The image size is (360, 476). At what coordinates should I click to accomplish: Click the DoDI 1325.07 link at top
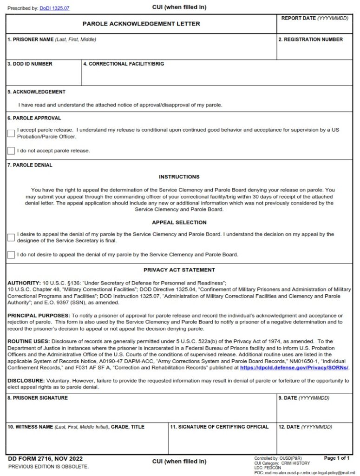[x=54, y=8]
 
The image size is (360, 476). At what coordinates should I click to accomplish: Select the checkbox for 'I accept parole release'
[x=11, y=133]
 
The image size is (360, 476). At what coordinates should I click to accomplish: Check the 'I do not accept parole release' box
[x=11, y=151]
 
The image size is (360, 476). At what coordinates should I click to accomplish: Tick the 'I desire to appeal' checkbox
[x=11, y=238]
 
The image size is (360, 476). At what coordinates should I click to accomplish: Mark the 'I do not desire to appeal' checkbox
[x=11, y=255]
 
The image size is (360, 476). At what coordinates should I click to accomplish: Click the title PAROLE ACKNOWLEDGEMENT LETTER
[x=141, y=24]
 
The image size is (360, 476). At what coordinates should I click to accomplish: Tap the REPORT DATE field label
[x=314, y=18]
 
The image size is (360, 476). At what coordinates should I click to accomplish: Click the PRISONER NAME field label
[x=52, y=40]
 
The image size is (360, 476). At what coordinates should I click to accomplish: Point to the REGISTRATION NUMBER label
[x=310, y=40]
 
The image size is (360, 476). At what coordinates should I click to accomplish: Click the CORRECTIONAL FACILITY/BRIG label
[x=124, y=64]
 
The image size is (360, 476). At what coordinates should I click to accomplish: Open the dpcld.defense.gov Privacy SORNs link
[x=294, y=367]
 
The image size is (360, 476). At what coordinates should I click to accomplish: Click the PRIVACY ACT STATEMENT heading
[x=179, y=270]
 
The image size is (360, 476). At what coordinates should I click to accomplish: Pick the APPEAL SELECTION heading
[x=179, y=223]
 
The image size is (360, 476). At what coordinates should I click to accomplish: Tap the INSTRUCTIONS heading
[x=179, y=177]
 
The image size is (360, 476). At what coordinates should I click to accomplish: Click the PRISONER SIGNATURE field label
[x=38, y=398]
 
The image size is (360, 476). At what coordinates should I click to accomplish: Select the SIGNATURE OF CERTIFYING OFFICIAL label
[x=219, y=427]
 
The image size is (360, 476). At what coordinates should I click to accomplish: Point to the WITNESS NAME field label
[x=76, y=427]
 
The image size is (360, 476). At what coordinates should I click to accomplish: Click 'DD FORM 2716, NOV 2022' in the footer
[x=46, y=458]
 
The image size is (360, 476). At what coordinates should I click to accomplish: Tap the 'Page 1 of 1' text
[x=337, y=458]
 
